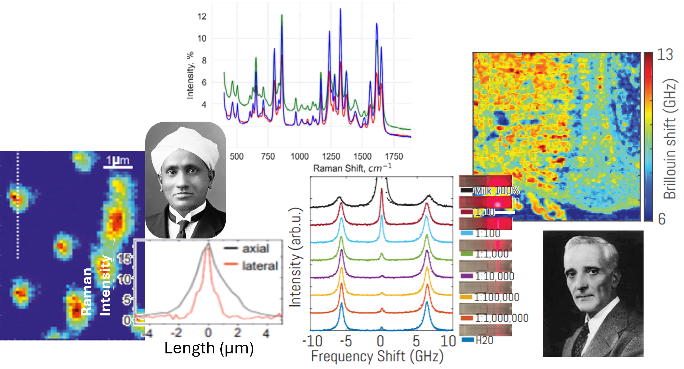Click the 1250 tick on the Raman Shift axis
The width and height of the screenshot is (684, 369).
coord(331,156)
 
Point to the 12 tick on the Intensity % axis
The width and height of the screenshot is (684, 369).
coord(202,16)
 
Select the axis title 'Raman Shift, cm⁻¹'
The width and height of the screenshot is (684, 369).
coord(352,168)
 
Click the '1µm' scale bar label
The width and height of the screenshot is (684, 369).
coord(118,160)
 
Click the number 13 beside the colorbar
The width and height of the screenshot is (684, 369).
coord(665,55)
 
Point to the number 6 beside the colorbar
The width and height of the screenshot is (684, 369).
coord(662,219)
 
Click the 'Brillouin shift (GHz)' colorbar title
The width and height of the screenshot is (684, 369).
coord(670,139)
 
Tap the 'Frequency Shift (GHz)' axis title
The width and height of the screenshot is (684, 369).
coord(377,356)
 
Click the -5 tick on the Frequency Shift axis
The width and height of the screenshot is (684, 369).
coord(345,341)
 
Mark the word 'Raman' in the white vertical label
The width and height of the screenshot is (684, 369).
coord(87,291)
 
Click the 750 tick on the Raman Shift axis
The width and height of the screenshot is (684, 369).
coord(268,156)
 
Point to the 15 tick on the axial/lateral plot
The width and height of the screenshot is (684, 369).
coord(124,259)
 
